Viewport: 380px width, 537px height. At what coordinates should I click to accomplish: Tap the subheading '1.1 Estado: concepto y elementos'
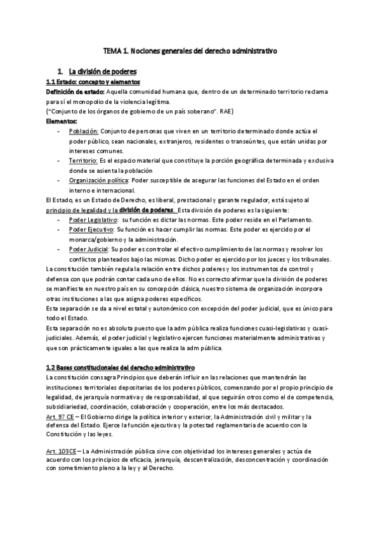93,82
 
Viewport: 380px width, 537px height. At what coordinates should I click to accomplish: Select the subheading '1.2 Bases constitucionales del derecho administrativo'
121,367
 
